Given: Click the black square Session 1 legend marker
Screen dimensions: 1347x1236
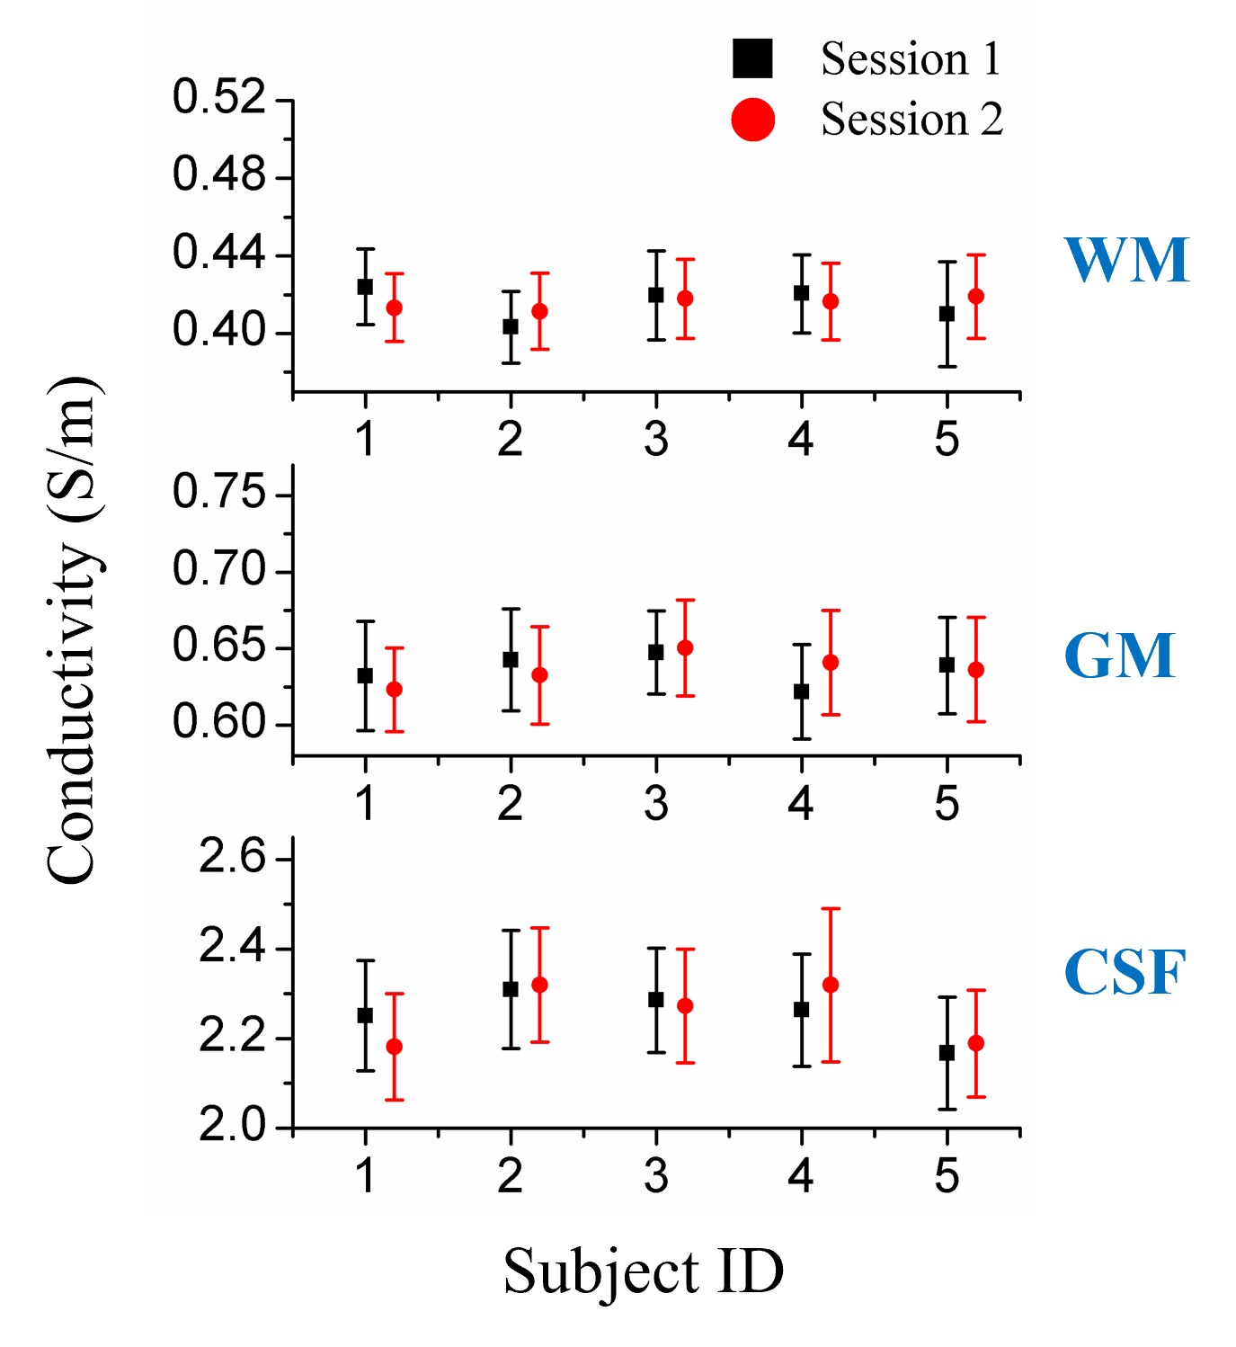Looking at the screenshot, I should [x=752, y=58].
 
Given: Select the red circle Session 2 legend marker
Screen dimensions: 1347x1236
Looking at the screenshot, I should [x=752, y=120].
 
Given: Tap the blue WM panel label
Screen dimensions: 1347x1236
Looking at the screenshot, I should [x=1126, y=261].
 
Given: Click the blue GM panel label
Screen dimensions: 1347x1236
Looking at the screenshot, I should [x=1119, y=656].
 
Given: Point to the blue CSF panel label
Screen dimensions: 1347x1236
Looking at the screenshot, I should [x=1125, y=972].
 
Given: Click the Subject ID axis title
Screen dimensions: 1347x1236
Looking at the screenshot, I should [x=644, y=1272].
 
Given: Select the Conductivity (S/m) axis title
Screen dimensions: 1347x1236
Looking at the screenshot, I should [x=74, y=629].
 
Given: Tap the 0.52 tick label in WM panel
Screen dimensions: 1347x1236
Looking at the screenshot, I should [x=219, y=97].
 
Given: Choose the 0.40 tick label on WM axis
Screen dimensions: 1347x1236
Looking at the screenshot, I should [x=219, y=331].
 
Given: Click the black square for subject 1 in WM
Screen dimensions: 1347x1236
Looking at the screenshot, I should [x=365, y=287].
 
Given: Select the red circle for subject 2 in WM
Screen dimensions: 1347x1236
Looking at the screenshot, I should [x=539, y=311].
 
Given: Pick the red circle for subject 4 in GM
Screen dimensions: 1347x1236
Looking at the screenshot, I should [x=831, y=663].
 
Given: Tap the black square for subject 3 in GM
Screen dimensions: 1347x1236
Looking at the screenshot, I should [x=656, y=652].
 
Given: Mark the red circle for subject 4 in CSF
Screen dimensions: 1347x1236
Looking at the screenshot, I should [x=831, y=985].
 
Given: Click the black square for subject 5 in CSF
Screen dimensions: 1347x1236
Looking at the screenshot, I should [x=947, y=1052].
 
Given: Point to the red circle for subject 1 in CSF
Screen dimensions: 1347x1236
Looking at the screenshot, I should [x=394, y=1047].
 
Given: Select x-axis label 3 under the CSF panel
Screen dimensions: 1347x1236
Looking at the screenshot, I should [x=656, y=1176].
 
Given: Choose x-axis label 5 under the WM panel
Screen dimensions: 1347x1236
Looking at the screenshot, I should [x=947, y=440].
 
